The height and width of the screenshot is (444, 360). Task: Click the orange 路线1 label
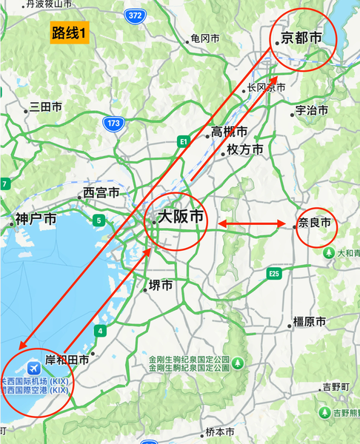click(69, 33)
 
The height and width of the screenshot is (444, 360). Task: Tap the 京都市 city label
click(301, 38)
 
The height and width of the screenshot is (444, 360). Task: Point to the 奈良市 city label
click(314, 222)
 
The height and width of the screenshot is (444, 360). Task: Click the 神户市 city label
click(36, 219)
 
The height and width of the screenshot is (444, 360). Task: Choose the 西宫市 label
click(101, 192)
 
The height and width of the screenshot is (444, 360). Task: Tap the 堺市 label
click(161, 285)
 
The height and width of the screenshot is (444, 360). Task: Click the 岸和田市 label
click(67, 360)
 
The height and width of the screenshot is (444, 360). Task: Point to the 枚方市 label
click(245, 149)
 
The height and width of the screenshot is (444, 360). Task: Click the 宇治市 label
click(312, 110)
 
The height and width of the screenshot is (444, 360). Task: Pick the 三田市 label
click(46, 107)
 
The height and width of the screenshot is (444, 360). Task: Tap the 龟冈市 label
click(205, 38)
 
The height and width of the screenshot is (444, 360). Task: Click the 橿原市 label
click(310, 322)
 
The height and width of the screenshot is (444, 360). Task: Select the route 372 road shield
click(135, 15)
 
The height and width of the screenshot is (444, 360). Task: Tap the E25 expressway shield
click(275, 274)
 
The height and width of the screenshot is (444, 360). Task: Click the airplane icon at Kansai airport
click(33, 368)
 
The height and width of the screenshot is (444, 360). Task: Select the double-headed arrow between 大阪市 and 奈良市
click(252, 224)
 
